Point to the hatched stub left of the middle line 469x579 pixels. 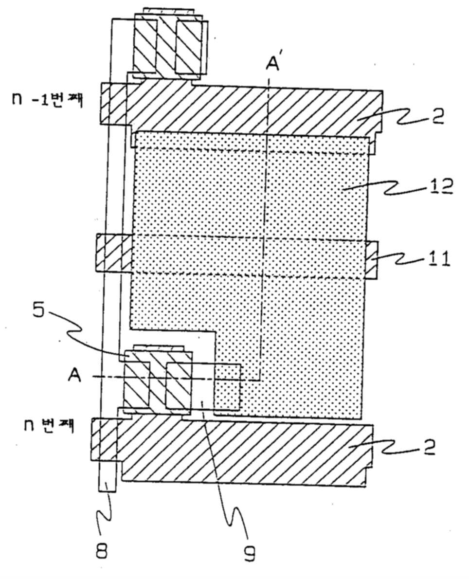pos(114,253)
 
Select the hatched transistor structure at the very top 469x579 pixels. pos(168,44)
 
